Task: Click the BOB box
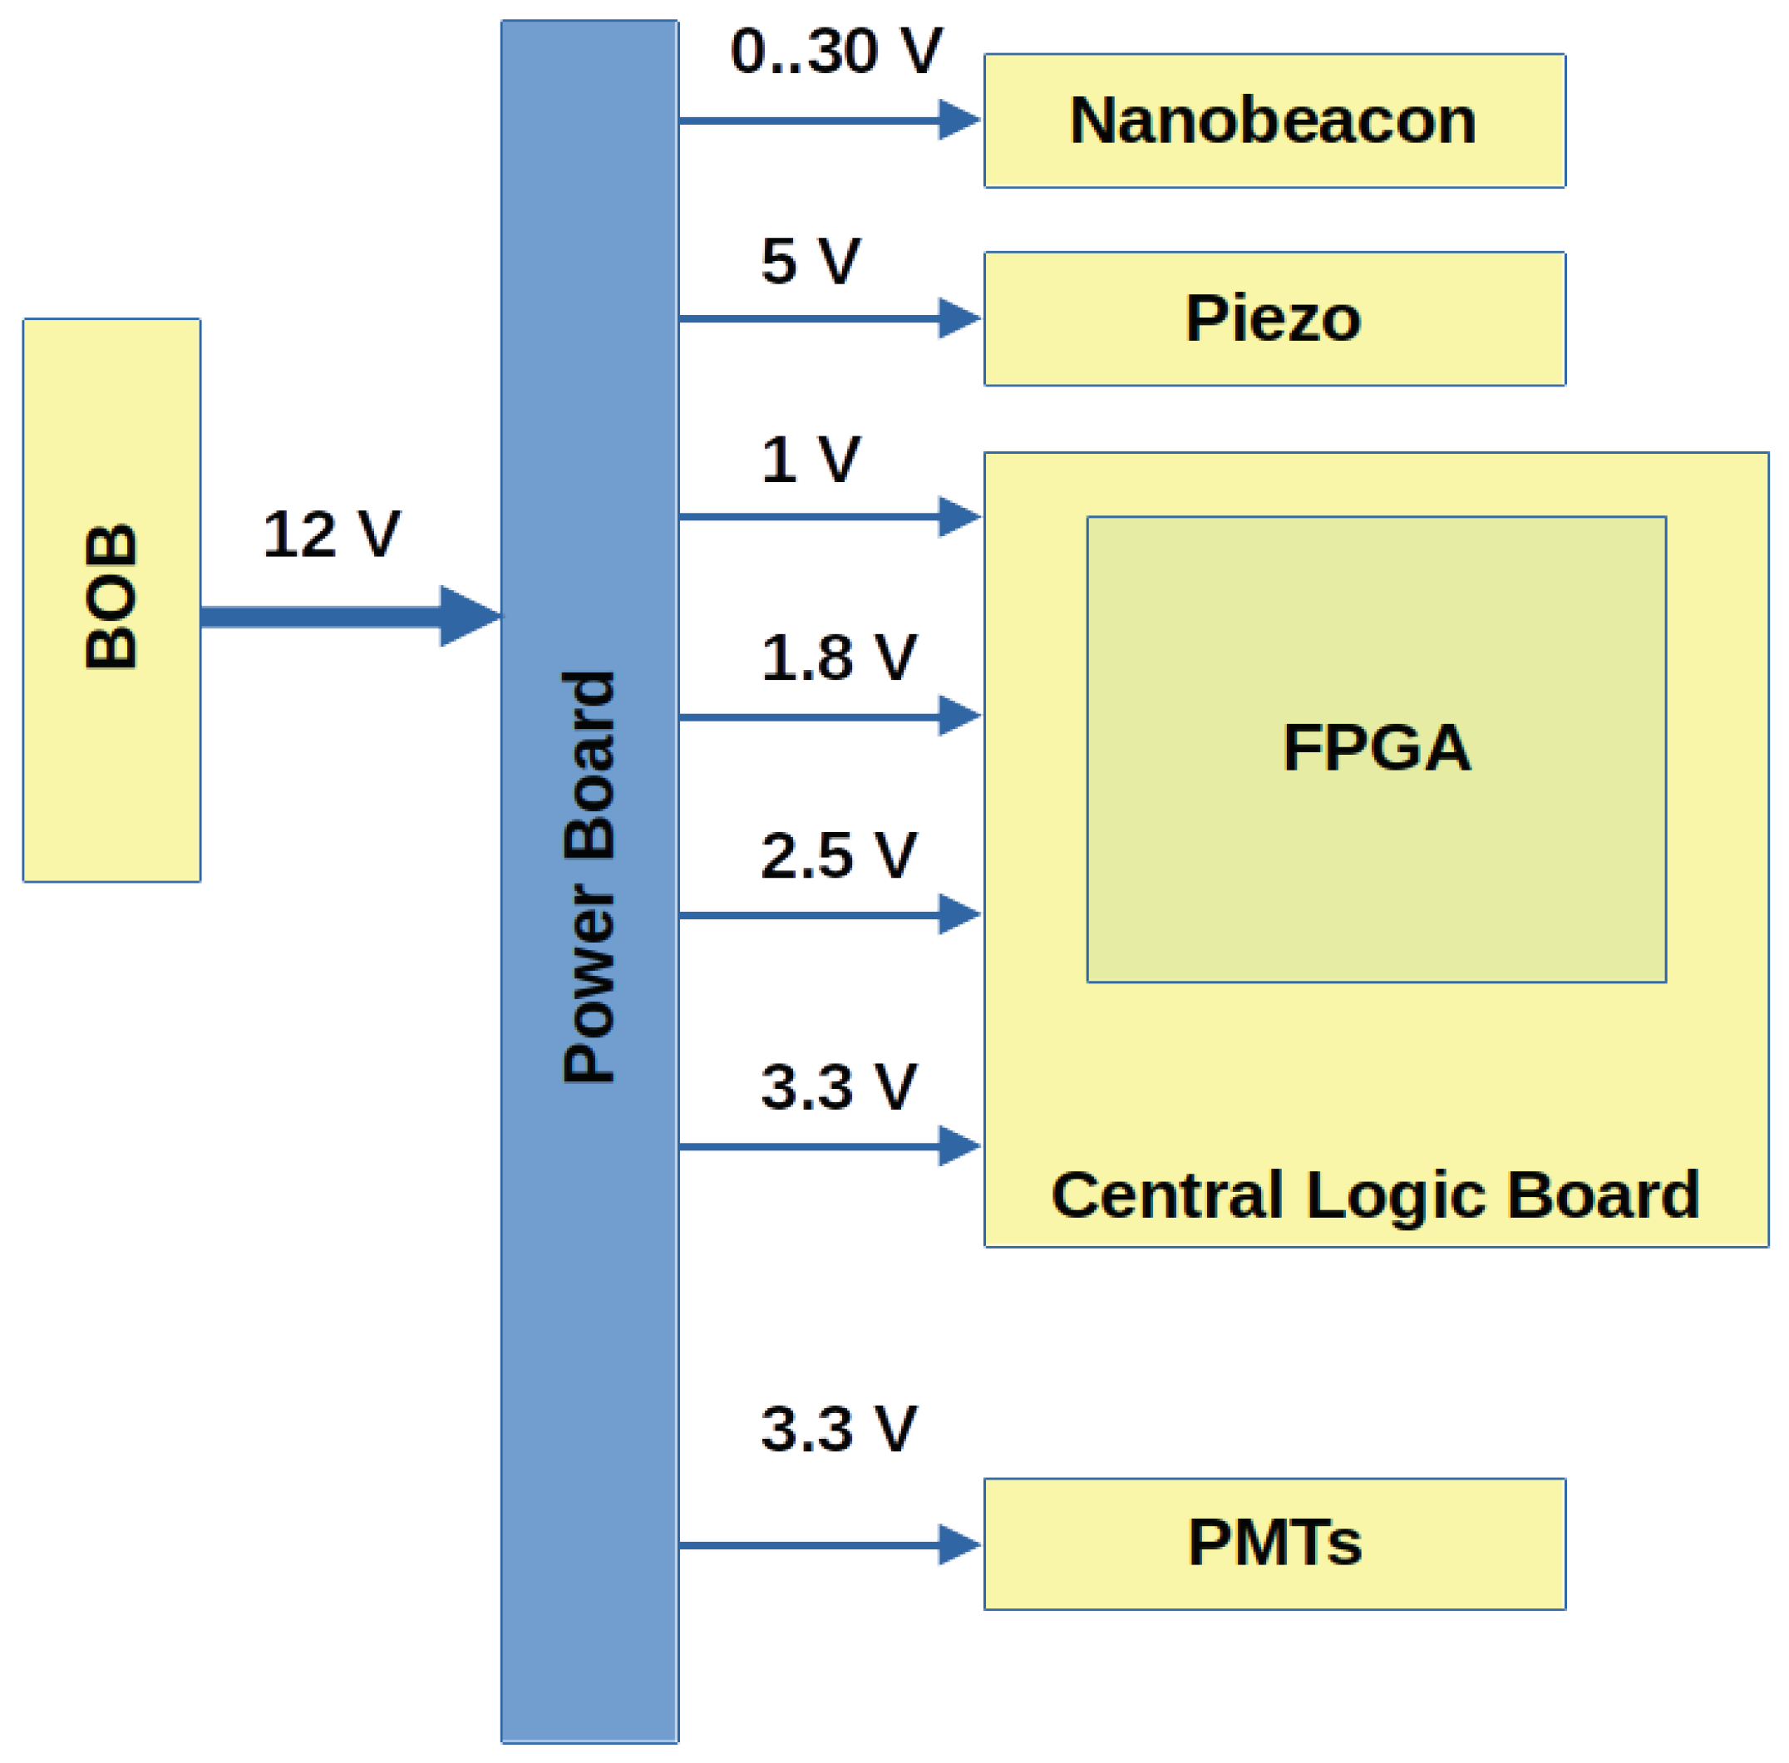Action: coord(111,600)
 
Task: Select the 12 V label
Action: coord(331,535)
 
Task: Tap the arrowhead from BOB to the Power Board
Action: coord(469,616)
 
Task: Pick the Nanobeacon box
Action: coord(1274,121)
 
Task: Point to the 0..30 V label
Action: coord(835,51)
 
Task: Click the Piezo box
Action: coord(1274,319)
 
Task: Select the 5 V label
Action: coord(811,261)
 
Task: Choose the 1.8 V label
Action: coord(838,658)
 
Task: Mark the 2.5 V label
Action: coord(838,855)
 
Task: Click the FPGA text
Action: coord(1376,748)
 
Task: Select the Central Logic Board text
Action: coord(1375,1195)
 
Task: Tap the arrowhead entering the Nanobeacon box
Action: coord(959,121)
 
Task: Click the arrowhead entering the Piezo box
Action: coord(959,318)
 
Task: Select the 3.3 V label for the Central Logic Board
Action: coord(838,1087)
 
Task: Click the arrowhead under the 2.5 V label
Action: coord(959,915)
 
